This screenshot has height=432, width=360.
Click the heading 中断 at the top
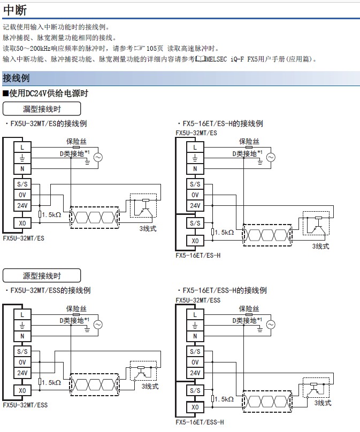pos(14,9)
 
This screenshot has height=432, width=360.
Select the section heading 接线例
pos(16,78)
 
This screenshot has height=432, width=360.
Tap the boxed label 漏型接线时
pos(42,109)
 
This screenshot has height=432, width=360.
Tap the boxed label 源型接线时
pos(42,276)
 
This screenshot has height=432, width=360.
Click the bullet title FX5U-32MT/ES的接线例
pos(48,124)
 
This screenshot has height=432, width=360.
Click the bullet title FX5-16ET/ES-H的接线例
pos(222,124)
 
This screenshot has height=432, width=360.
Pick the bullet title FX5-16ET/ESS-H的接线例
pos(224,290)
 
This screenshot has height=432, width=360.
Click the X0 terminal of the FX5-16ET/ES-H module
pos(195,241)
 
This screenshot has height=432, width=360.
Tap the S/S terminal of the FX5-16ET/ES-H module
pos(195,223)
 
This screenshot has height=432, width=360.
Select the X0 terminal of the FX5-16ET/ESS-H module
pos(195,407)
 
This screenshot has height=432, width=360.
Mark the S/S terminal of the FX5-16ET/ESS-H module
pos(195,390)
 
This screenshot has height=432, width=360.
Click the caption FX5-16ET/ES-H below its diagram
pos(198,255)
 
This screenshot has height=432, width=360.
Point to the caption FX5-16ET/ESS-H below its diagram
pos(200,422)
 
